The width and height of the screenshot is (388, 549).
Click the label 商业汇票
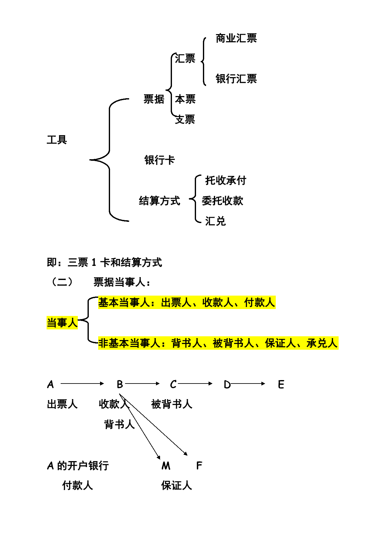pyautogui.click(x=236, y=38)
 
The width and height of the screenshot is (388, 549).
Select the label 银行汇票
pyautogui.click(x=236, y=79)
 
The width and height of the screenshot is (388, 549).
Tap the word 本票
pyautogui.click(x=185, y=99)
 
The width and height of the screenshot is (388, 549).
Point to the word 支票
pyautogui.click(x=185, y=119)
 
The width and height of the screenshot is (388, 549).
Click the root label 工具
pyautogui.click(x=57, y=140)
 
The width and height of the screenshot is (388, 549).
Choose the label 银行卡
pyautogui.click(x=159, y=160)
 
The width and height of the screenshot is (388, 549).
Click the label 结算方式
pyautogui.click(x=159, y=201)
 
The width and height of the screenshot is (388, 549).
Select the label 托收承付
pyautogui.click(x=226, y=180)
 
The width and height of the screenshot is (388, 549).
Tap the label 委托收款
pyautogui.click(x=223, y=201)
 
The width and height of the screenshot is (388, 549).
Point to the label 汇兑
pyautogui.click(x=215, y=221)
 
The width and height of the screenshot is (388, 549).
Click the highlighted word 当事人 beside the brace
pyautogui.click(x=62, y=323)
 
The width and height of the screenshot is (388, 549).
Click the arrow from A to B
pyautogui.click(x=82, y=384)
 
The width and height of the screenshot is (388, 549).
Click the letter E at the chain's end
pyautogui.click(x=281, y=384)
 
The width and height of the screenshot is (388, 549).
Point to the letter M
pyautogui.click(x=166, y=466)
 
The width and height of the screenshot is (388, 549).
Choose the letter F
pyautogui.click(x=199, y=466)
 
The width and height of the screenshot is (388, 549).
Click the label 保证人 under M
pyautogui.click(x=177, y=485)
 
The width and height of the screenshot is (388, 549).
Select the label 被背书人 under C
pyautogui.click(x=172, y=404)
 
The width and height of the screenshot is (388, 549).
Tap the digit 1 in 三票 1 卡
pyautogui.click(x=94, y=262)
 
